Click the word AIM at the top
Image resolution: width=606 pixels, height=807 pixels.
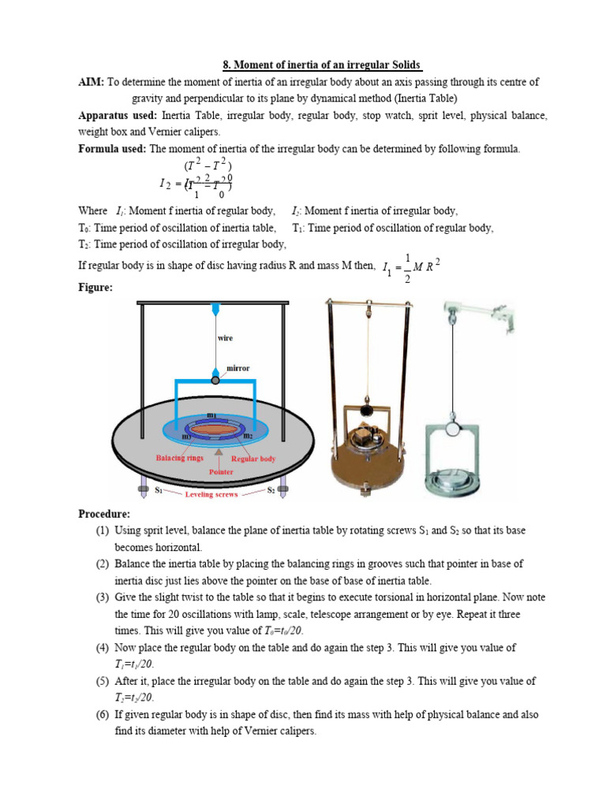coord(91,82)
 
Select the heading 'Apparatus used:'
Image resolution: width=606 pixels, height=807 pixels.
coord(117,115)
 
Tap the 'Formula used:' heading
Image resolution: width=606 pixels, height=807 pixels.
coord(112,148)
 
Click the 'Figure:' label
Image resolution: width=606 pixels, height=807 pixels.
coord(95,288)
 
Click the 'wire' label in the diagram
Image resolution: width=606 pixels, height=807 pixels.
coord(226,337)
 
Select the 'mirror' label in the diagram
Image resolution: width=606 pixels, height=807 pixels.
coord(238,367)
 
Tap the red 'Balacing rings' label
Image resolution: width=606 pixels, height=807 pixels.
coord(180,457)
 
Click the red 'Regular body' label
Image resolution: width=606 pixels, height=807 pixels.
coord(255,457)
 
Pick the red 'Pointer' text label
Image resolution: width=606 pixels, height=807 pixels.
coord(221,471)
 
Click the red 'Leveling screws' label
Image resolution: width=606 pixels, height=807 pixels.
coord(211,494)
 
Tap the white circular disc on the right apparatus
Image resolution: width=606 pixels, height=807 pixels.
coord(455,429)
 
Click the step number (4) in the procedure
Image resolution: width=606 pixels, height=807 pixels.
coord(103,647)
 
